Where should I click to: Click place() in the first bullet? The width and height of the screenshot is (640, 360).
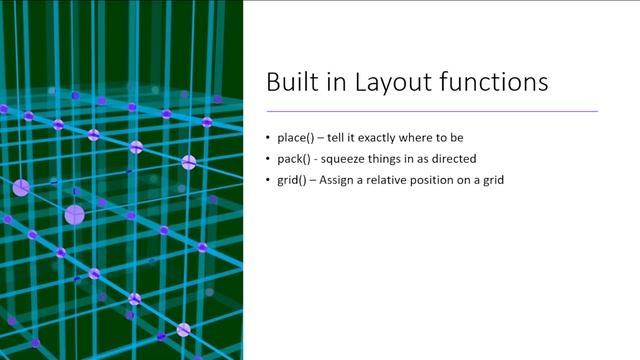(295, 137)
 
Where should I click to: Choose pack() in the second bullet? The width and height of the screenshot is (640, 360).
(294, 159)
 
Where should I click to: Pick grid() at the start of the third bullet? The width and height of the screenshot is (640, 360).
(293, 180)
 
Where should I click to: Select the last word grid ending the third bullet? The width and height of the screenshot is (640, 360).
(490, 180)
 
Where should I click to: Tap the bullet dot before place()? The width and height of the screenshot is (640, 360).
(268, 137)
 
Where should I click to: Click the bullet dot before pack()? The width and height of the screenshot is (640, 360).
(268, 159)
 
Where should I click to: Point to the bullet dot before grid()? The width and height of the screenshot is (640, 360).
(268, 180)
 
